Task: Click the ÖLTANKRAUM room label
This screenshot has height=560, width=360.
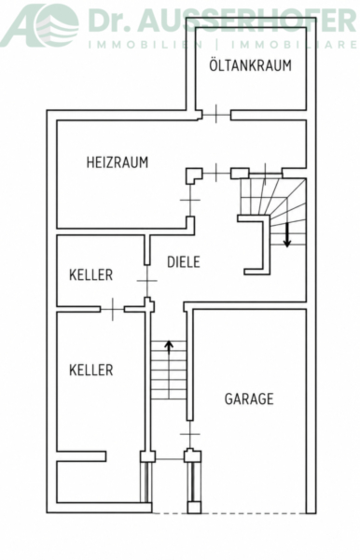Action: coord(250,64)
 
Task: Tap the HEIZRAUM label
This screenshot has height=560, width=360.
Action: coord(117,162)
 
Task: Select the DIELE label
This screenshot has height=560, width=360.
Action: coord(184,261)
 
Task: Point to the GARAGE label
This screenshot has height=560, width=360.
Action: coord(249,399)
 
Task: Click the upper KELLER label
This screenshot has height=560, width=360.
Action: coord(91,275)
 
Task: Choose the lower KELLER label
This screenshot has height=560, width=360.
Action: coord(91,370)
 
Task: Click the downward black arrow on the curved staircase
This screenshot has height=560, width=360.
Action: coord(287,235)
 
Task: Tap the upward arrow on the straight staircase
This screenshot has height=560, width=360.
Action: coord(169,351)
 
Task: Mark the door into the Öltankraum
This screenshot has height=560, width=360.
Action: coord(216,114)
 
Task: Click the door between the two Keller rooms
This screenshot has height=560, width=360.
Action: coord(113,309)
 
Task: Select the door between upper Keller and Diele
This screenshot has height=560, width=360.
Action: coord(147,281)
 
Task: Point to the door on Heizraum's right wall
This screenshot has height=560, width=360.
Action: coord(190,200)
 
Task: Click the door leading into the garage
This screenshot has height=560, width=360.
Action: coord(190,434)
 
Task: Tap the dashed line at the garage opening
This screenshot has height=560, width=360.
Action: coord(228,512)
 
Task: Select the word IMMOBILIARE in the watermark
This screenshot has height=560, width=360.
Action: coord(294,45)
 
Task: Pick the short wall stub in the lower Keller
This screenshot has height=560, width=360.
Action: coord(81,456)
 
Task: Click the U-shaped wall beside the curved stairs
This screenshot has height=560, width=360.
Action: coord(265,245)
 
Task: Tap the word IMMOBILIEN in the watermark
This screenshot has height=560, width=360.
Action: coord(145,45)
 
